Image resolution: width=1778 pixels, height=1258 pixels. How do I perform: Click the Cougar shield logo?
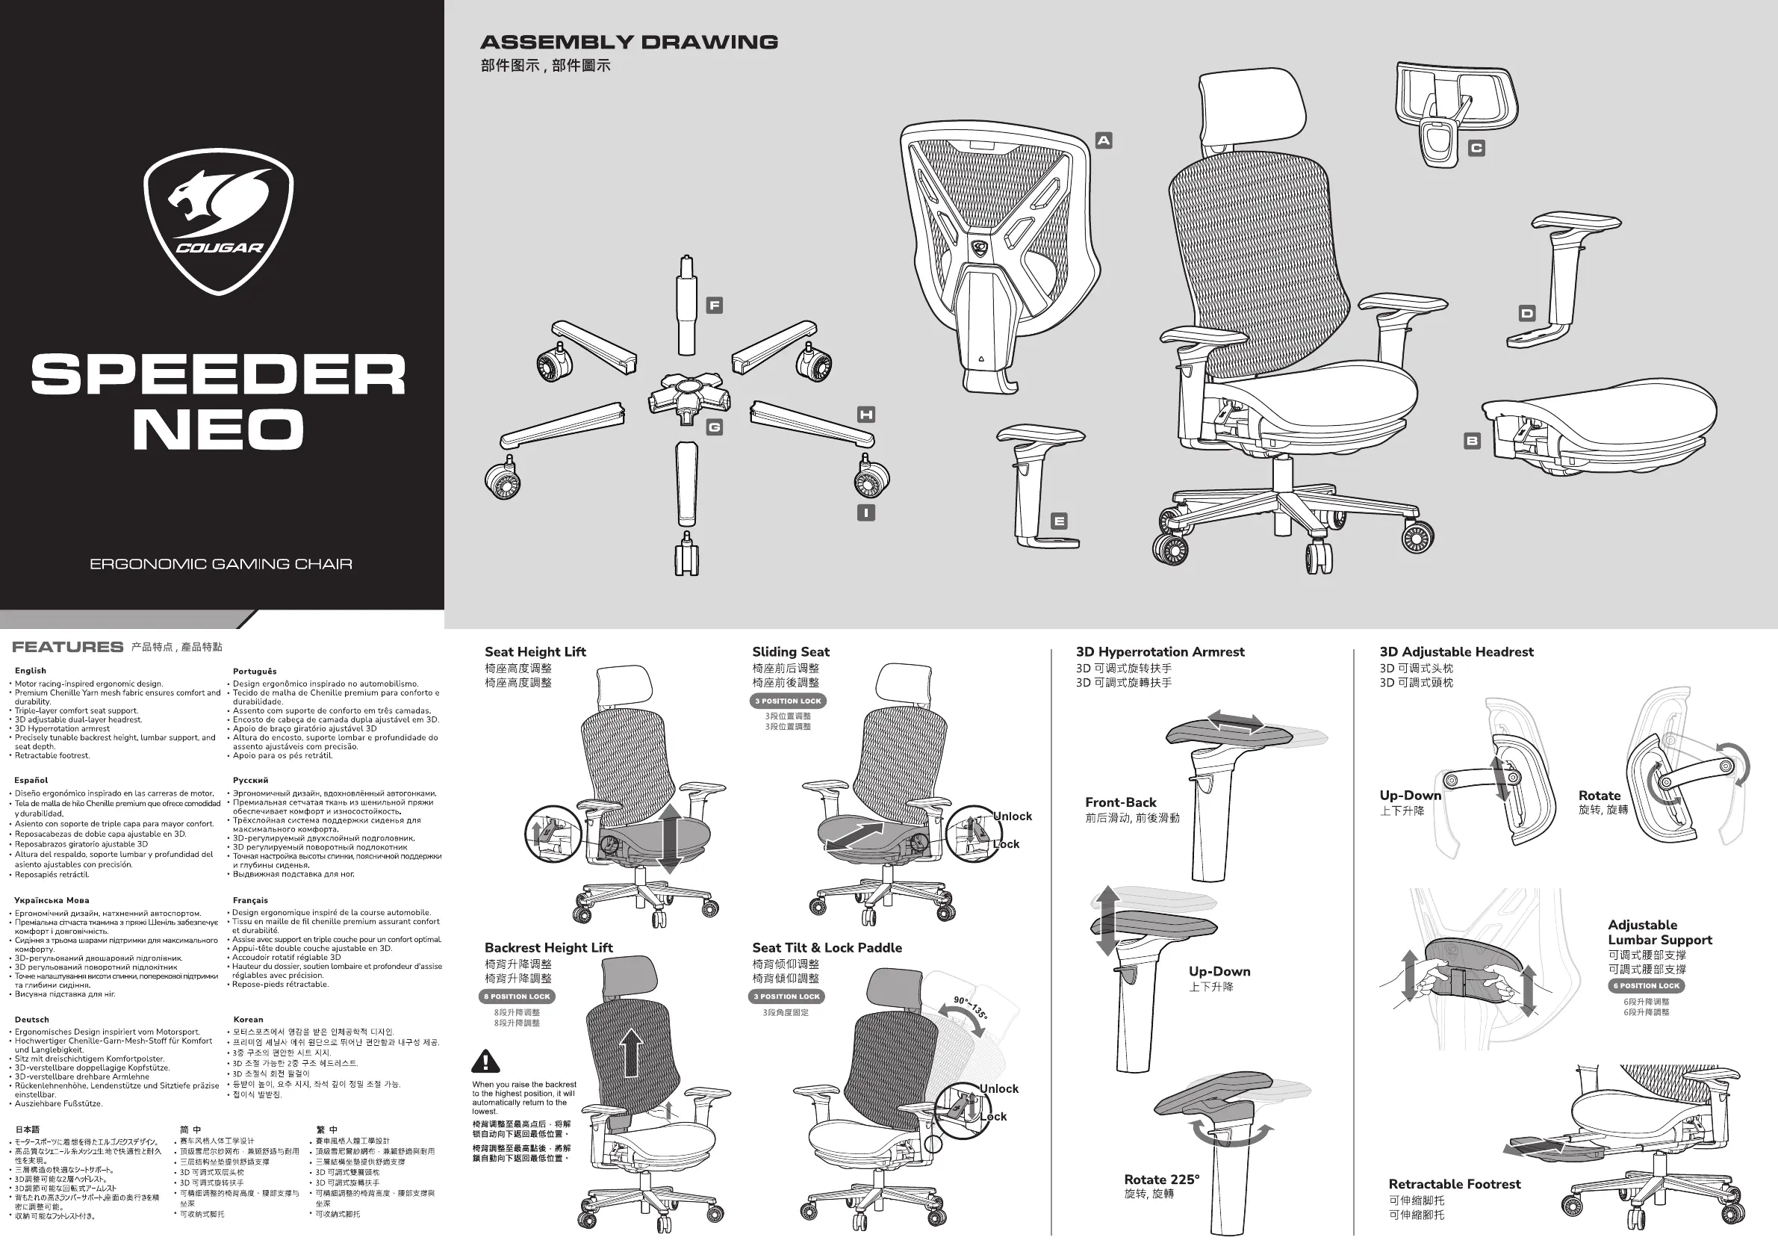point(218,221)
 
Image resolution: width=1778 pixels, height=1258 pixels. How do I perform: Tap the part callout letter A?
point(1104,140)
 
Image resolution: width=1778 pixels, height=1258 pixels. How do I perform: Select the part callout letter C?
point(1476,148)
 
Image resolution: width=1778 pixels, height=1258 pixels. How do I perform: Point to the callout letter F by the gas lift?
point(715,306)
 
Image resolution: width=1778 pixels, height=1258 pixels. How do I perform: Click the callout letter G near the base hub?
point(714,427)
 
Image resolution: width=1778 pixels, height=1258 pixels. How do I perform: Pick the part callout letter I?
point(865,512)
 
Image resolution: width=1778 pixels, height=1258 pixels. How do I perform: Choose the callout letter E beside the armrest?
point(1059,521)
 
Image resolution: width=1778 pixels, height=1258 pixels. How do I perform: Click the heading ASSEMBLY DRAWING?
point(629,43)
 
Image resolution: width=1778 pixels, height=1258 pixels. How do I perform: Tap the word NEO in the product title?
point(218,429)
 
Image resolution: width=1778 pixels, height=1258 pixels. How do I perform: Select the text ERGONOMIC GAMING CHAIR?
point(221,564)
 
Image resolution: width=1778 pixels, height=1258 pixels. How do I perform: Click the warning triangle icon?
point(485,1061)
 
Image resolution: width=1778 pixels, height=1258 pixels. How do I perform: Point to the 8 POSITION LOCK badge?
point(517,997)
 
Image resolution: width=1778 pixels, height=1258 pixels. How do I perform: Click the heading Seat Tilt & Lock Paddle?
point(827,947)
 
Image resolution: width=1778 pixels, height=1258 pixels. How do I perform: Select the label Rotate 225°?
point(1162,1179)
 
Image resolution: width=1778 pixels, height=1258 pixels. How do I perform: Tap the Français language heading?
point(250,900)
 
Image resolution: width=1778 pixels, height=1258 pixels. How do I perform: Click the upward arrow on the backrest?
point(632,1052)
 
